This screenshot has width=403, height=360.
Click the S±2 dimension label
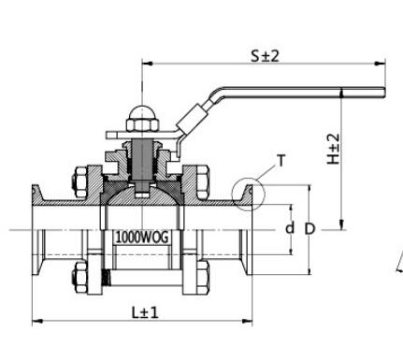pos(265,56)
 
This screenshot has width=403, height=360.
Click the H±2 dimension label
pos(333,149)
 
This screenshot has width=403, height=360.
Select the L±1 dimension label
pos(145,312)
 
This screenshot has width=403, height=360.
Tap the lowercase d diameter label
pos(290,228)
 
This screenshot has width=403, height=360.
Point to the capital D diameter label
pos(309,229)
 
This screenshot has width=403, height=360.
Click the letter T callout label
pos(281,161)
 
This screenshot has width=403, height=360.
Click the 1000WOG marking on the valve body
pos(142,238)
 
